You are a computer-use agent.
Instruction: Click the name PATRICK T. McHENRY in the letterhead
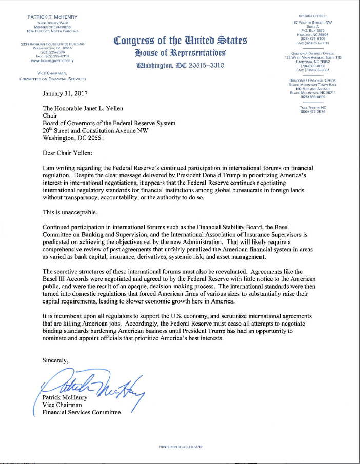(53, 18)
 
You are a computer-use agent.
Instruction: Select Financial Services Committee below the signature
(82, 412)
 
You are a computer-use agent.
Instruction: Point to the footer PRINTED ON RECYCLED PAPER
(181, 447)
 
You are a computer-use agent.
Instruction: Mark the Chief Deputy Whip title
(53, 23)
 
